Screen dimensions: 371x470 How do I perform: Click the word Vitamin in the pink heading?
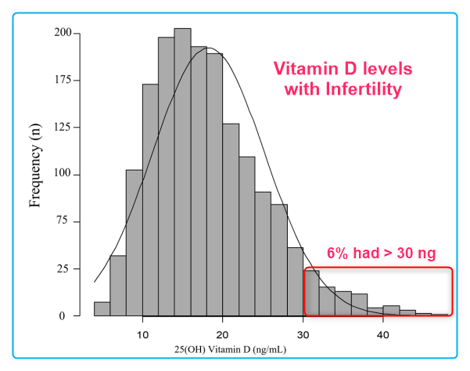[x=303, y=69]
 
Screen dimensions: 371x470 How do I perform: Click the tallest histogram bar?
[x=182, y=172]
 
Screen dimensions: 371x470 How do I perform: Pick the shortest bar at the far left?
[x=102, y=309]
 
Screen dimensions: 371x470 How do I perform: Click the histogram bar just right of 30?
[x=311, y=294]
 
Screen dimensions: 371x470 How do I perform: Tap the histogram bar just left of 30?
[x=295, y=282]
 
